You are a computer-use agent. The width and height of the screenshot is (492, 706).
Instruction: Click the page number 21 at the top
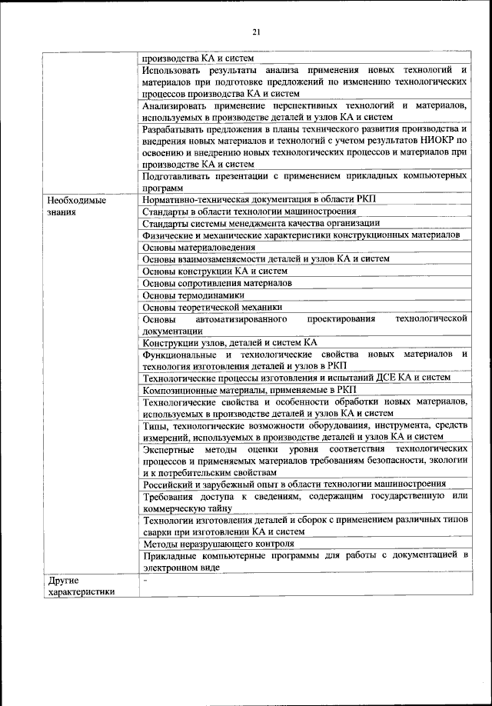click(x=257, y=32)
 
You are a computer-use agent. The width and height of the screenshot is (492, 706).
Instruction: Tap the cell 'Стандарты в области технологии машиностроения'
click(x=249, y=211)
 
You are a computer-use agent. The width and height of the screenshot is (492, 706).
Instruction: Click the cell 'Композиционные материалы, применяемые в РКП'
click(x=244, y=390)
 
